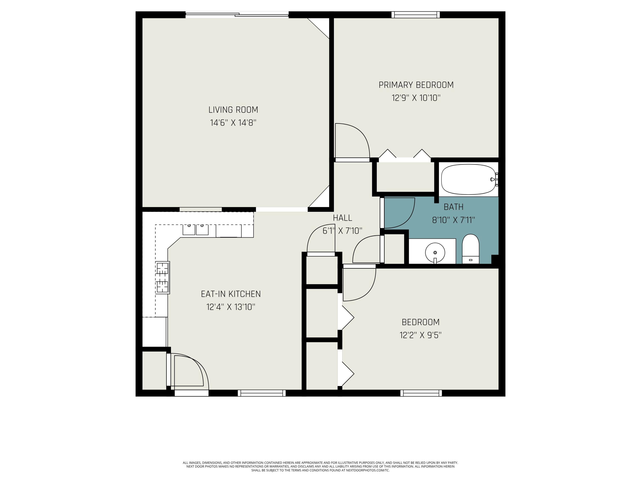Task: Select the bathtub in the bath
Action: tap(468, 179)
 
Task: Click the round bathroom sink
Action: tap(435, 252)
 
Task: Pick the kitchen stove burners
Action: tap(162, 277)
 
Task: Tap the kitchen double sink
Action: tap(195, 229)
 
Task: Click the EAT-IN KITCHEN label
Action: tap(231, 294)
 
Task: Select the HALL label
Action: tap(342, 218)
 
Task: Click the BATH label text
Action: tap(454, 207)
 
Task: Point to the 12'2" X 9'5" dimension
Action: tap(420, 335)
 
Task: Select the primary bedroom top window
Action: tap(416, 15)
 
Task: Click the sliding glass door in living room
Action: tap(237, 15)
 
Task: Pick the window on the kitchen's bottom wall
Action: tap(262, 393)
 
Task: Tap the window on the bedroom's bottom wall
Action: tap(421, 393)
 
